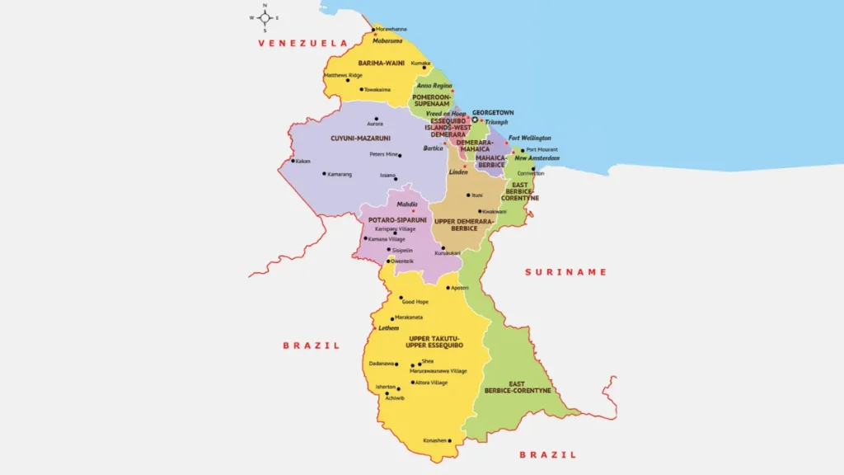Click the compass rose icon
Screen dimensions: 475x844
point(265,17)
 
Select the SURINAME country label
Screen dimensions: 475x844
point(566,271)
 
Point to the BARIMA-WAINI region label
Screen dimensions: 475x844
point(379,63)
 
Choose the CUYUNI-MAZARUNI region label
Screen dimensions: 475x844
point(360,138)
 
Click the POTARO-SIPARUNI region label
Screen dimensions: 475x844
point(397,220)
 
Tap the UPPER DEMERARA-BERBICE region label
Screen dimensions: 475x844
point(464,224)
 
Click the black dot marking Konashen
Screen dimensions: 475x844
point(450,441)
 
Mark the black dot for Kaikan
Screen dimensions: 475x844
point(293,161)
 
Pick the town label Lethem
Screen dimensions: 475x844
point(388,327)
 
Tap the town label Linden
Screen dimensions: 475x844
point(458,172)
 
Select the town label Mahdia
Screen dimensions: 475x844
point(406,205)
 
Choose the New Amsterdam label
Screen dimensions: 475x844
point(537,158)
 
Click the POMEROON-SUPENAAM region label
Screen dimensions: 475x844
point(431,100)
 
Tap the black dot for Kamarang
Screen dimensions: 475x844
point(323,174)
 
